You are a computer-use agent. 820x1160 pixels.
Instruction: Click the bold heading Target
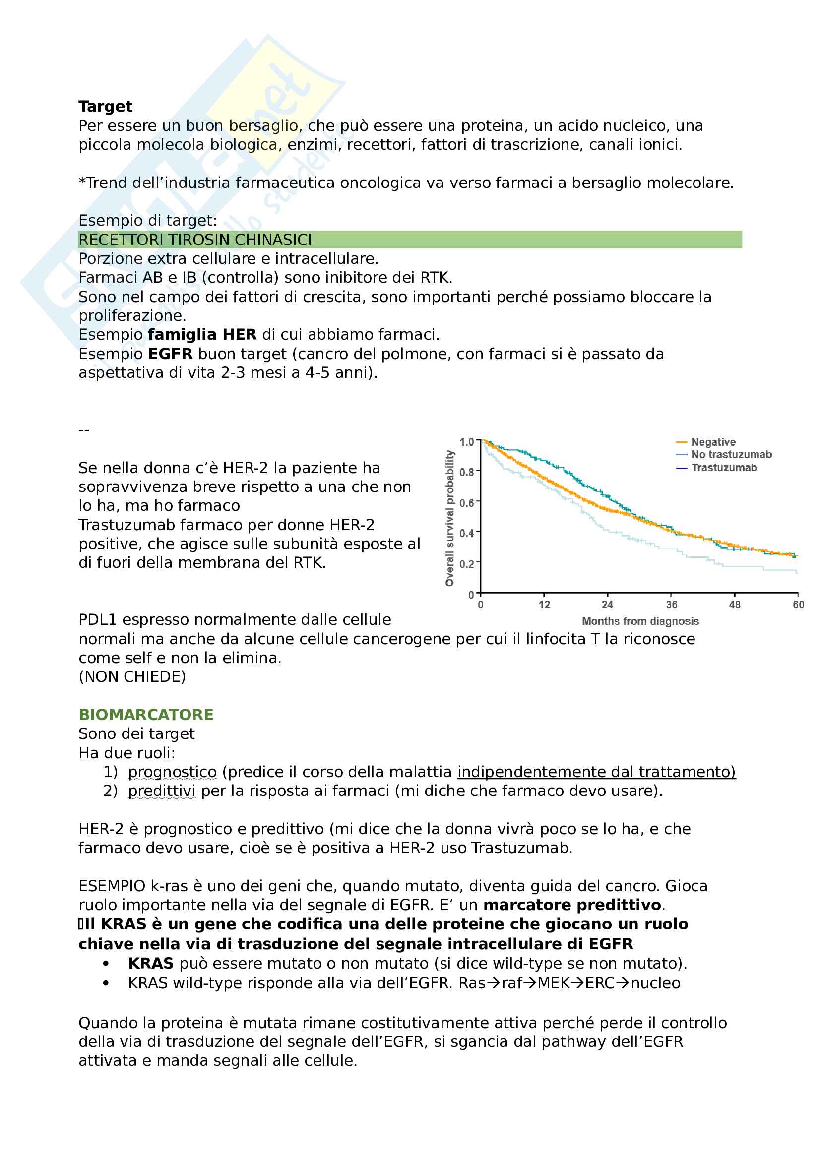tap(105, 107)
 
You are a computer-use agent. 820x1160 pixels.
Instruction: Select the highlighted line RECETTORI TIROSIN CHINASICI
tap(195, 240)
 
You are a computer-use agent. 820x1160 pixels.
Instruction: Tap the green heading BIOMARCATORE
tap(146, 714)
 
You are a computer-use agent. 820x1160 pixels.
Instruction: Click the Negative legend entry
tap(713, 442)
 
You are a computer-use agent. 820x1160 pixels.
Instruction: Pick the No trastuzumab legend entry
tap(731, 455)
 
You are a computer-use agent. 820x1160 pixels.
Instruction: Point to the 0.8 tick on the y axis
tap(466, 472)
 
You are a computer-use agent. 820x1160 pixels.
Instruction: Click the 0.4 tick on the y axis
tap(466, 533)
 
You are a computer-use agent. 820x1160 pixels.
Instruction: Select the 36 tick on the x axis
tap(672, 605)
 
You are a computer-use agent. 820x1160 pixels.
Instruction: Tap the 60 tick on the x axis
tap(798, 605)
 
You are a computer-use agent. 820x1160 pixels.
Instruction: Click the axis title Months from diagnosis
tap(640, 621)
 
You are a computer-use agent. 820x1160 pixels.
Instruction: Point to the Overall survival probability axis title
tap(449, 518)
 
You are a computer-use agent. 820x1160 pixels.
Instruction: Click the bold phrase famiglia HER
tap(202, 334)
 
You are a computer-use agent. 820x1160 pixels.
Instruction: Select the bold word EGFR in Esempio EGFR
tap(170, 354)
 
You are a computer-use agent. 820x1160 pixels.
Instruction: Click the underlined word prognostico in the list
tap(172, 772)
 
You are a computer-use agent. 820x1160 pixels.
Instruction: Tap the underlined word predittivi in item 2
tap(162, 791)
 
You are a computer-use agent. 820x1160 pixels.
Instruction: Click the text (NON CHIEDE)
tap(132, 676)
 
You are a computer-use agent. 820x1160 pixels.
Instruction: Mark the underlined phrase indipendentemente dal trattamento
tap(596, 772)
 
